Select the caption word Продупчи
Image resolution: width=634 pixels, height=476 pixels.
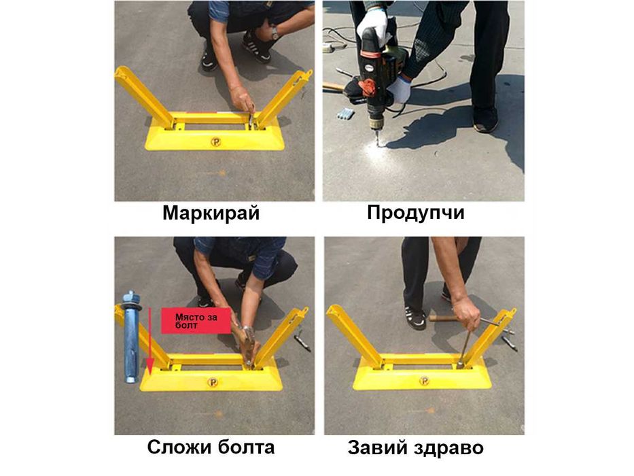[416, 213]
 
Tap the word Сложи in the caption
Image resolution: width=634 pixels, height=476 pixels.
[179, 447]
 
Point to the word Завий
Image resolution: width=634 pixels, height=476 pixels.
[378, 448]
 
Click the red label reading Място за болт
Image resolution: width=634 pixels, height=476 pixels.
[196, 320]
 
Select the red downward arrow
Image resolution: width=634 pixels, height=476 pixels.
[150, 341]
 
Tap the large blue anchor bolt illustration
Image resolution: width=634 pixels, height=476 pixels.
[132, 337]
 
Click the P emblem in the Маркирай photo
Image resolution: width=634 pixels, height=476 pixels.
[216, 141]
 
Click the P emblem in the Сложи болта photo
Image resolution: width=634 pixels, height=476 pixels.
[213, 382]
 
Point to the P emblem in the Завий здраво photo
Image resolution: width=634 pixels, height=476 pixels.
[424, 381]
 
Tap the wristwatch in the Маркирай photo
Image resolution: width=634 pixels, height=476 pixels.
[275, 33]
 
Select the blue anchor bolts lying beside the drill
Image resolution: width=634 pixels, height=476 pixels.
[345, 114]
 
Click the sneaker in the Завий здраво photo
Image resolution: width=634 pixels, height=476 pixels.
[415, 318]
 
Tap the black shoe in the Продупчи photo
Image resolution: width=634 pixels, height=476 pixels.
[485, 120]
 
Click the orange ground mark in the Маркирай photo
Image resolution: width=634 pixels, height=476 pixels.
[222, 173]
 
